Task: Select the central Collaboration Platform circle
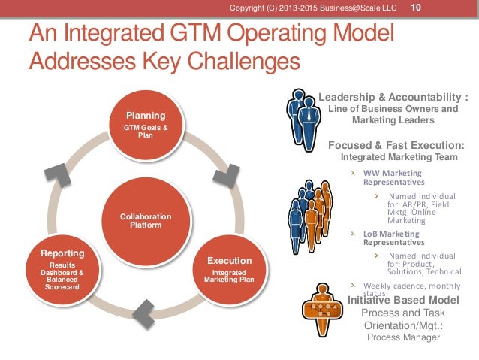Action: tap(145, 221)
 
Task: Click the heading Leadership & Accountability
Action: tap(398, 97)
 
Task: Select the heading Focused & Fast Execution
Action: tap(396, 144)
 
